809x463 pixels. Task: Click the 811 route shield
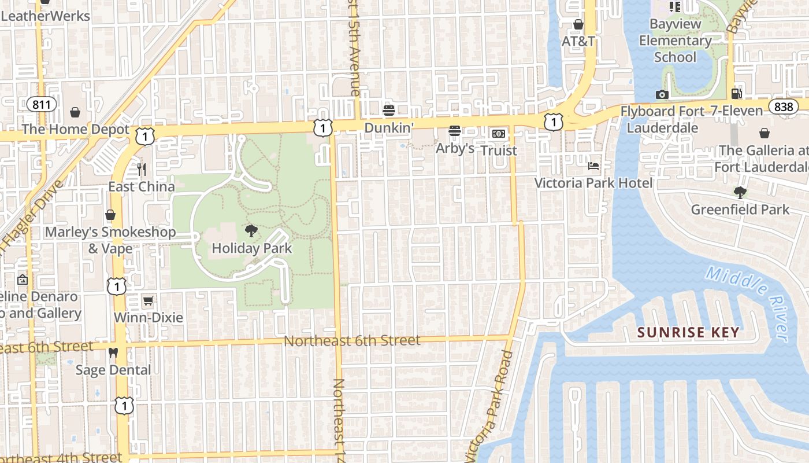tap(42, 105)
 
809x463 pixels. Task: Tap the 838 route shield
tap(784, 106)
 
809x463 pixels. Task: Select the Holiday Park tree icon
tap(251, 231)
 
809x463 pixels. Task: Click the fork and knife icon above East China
tap(142, 169)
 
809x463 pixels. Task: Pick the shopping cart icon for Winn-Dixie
tap(149, 300)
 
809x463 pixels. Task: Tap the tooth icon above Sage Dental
tap(113, 352)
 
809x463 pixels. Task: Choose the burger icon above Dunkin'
tap(389, 110)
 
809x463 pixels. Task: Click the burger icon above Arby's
tap(455, 131)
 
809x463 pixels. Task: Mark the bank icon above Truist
tap(499, 134)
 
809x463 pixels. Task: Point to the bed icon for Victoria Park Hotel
tap(593, 166)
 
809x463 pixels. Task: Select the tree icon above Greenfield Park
tap(740, 192)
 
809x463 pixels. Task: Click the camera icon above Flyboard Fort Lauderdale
tap(662, 94)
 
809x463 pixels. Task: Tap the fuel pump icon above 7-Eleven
tap(736, 93)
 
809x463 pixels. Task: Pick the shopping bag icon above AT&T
tap(578, 24)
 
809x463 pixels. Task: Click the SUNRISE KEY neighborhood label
tap(688, 332)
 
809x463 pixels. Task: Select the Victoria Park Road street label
tap(491, 405)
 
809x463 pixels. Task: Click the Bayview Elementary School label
tap(675, 41)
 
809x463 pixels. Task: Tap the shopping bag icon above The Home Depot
tap(75, 112)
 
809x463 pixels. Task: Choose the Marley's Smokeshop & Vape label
tap(110, 240)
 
